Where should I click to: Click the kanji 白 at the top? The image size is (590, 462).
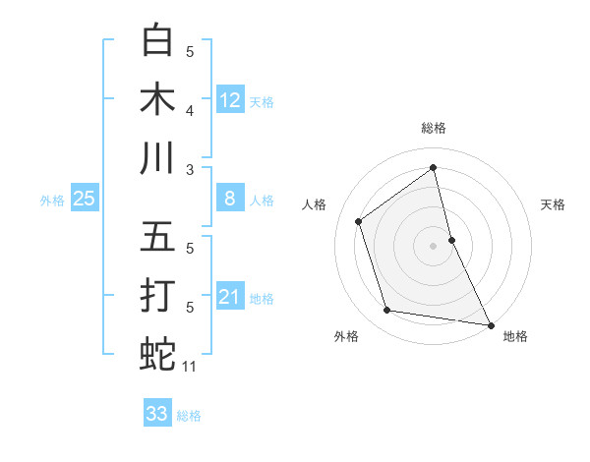pyautogui.click(x=158, y=40)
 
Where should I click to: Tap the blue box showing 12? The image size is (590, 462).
pyautogui.click(x=230, y=99)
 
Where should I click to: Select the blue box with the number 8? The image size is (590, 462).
pyautogui.click(x=230, y=200)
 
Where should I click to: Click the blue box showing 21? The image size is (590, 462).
pyautogui.click(x=230, y=297)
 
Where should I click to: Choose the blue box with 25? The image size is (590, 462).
pyautogui.click(x=85, y=200)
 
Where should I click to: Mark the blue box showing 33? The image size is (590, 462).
pyautogui.click(x=157, y=414)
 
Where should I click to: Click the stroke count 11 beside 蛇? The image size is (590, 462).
pyautogui.click(x=190, y=367)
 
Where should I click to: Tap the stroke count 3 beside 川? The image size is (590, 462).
pyautogui.click(x=190, y=169)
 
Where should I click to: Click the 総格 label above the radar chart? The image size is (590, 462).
pyautogui.click(x=433, y=128)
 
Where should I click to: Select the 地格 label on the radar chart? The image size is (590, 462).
pyautogui.click(x=515, y=336)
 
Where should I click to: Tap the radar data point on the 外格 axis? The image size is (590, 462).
pyautogui.click(x=387, y=311)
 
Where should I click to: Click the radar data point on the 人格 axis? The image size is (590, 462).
pyautogui.click(x=358, y=221)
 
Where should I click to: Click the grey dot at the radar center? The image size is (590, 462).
pyautogui.click(x=433, y=246)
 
